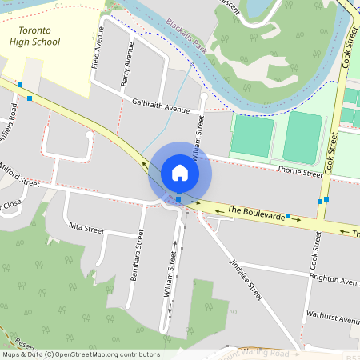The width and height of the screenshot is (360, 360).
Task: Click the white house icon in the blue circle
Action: click(179, 172)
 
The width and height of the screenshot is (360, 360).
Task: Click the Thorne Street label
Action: click(299, 172)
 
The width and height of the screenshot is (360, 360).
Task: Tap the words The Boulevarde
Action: click(256, 213)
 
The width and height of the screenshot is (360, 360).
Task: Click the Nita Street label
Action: click(86, 229)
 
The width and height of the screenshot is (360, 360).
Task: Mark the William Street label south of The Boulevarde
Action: click(170, 275)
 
